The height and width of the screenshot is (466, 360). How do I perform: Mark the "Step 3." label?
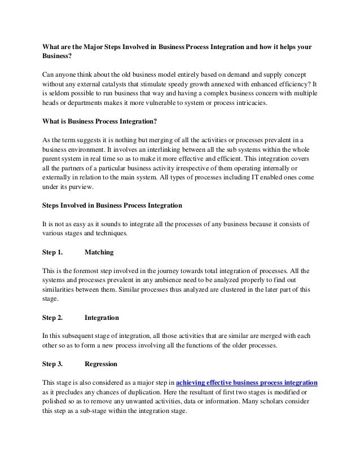(x=52, y=363)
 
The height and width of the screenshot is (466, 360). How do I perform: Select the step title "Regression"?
(x=101, y=363)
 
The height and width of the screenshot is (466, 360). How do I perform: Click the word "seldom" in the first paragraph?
(x=59, y=94)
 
